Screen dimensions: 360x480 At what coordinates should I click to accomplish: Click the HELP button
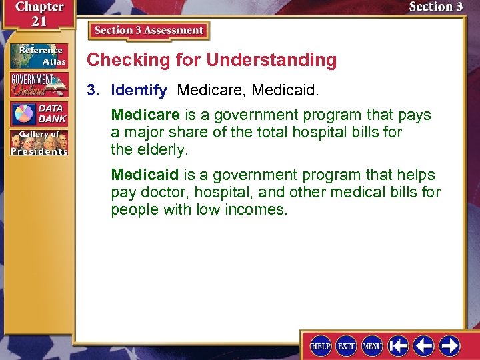click(321, 346)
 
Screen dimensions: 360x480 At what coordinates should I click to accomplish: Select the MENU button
click(371, 346)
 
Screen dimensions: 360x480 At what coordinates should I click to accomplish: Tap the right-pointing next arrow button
click(449, 346)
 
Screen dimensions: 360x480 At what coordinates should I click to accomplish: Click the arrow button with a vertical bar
click(398, 346)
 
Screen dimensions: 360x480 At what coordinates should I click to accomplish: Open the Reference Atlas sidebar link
click(39, 56)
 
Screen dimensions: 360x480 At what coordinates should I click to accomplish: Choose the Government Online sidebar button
click(39, 85)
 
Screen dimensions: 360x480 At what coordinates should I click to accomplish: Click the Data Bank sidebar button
click(39, 113)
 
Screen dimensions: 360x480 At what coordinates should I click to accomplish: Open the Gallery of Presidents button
click(39, 143)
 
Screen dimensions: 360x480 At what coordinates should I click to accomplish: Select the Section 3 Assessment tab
click(149, 31)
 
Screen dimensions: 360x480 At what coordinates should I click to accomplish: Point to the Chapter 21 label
click(38, 14)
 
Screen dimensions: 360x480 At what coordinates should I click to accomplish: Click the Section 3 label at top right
click(435, 7)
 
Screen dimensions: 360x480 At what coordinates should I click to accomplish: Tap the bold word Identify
click(139, 89)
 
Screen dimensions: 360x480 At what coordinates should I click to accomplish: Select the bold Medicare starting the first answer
click(145, 115)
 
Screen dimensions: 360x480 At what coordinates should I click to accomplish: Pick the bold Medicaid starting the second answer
click(145, 175)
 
